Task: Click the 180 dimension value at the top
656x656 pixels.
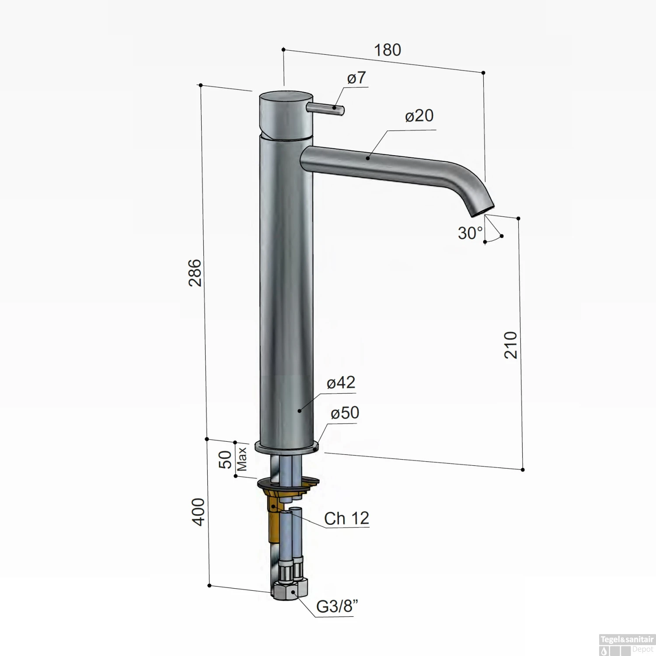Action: [x=387, y=50]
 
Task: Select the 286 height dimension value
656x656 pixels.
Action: [x=195, y=272]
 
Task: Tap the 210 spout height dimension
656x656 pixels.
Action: [x=511, y=345]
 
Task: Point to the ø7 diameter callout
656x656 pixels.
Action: [x=356, y=78]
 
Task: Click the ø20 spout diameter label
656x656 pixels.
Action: [x=419, y=116]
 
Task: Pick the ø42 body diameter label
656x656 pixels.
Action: [x=341, y=383]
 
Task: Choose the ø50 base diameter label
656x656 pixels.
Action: [x=345, y=412]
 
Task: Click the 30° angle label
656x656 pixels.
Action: [x=470, y=233]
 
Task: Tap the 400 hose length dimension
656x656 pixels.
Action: [x=198, y=512]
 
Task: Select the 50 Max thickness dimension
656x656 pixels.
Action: [x=232, y=459]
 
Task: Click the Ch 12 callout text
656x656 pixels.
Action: [x=346, y=519]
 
